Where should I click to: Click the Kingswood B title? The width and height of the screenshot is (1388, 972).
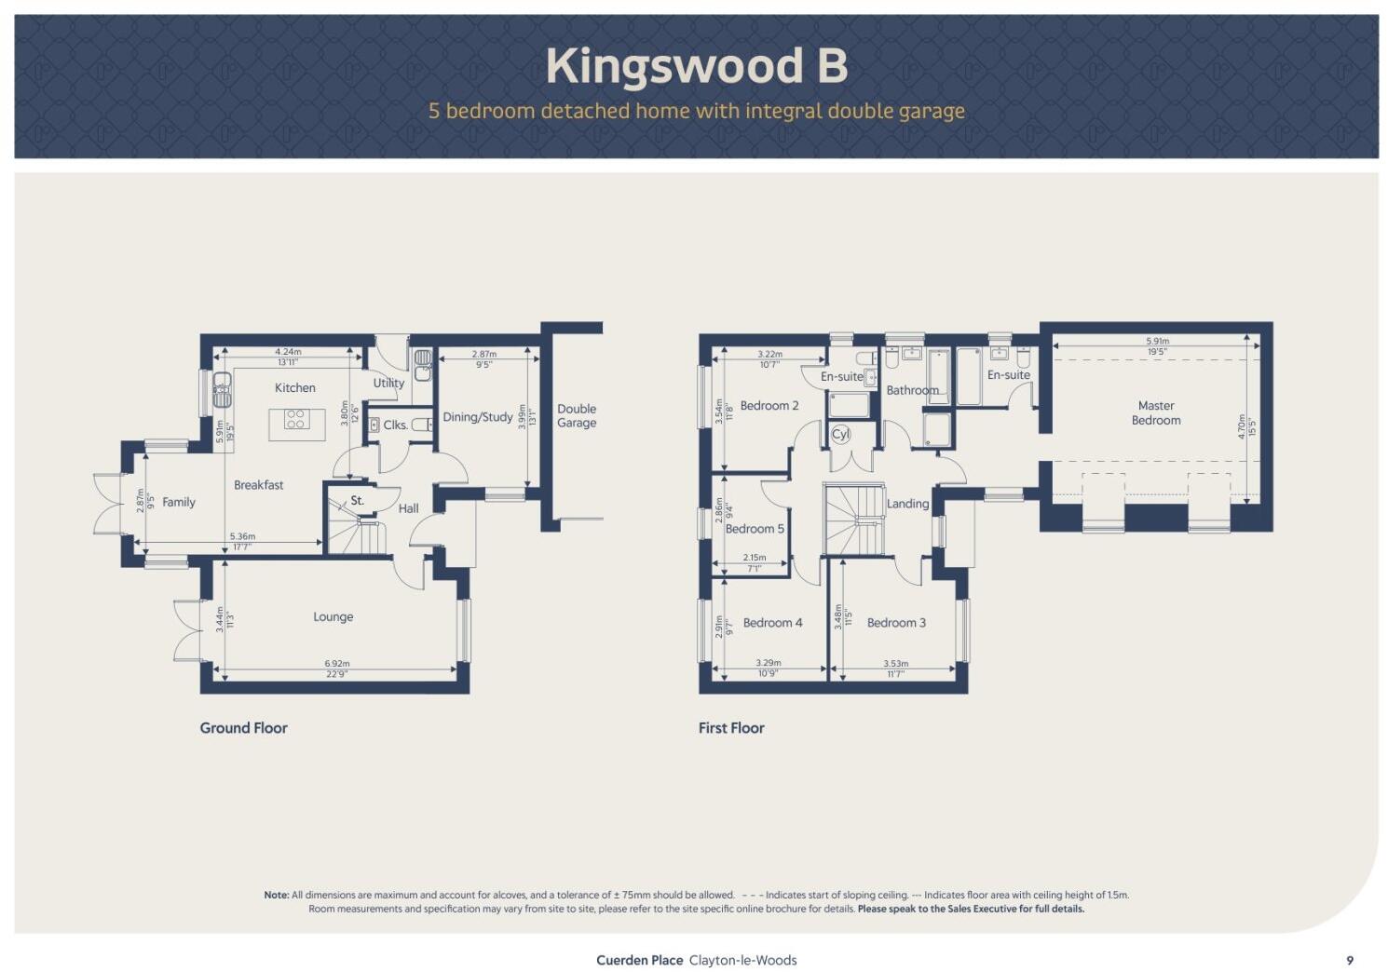coord(696,66)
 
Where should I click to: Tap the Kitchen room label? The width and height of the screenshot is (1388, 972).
coord(295,387)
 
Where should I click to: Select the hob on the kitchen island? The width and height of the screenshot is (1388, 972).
coord(296,419)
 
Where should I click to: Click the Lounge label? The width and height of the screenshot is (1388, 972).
coord(333,616)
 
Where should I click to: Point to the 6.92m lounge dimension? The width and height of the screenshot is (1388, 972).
coord(336,664)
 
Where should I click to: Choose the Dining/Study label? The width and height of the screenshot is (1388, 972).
coord(477,417)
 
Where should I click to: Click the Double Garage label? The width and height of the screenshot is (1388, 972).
coord(577,415)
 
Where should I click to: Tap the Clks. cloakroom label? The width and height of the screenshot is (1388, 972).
coord(395,425)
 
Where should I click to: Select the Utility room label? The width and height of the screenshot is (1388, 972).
coord(388,383)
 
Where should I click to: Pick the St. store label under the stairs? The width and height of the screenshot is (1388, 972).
coord(357,500)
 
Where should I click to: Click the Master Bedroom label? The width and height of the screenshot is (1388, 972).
coord(1156,412)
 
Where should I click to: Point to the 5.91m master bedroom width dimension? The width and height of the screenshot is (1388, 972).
coord(1157,342)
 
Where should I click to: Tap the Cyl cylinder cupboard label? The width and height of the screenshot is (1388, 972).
coord(840,434)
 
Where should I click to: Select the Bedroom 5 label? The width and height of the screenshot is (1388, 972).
coord(755,529)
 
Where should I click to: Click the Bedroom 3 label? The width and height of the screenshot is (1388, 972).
coord(896,623)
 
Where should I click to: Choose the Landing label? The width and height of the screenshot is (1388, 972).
coord(907,504)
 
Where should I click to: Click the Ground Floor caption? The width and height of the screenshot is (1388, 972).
coord(243,728)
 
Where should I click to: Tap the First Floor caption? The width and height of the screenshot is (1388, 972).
coord(731,728)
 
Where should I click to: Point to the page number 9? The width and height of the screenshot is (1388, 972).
coord(1350,960)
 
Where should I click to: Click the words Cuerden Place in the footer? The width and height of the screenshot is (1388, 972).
coord(639,960)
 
